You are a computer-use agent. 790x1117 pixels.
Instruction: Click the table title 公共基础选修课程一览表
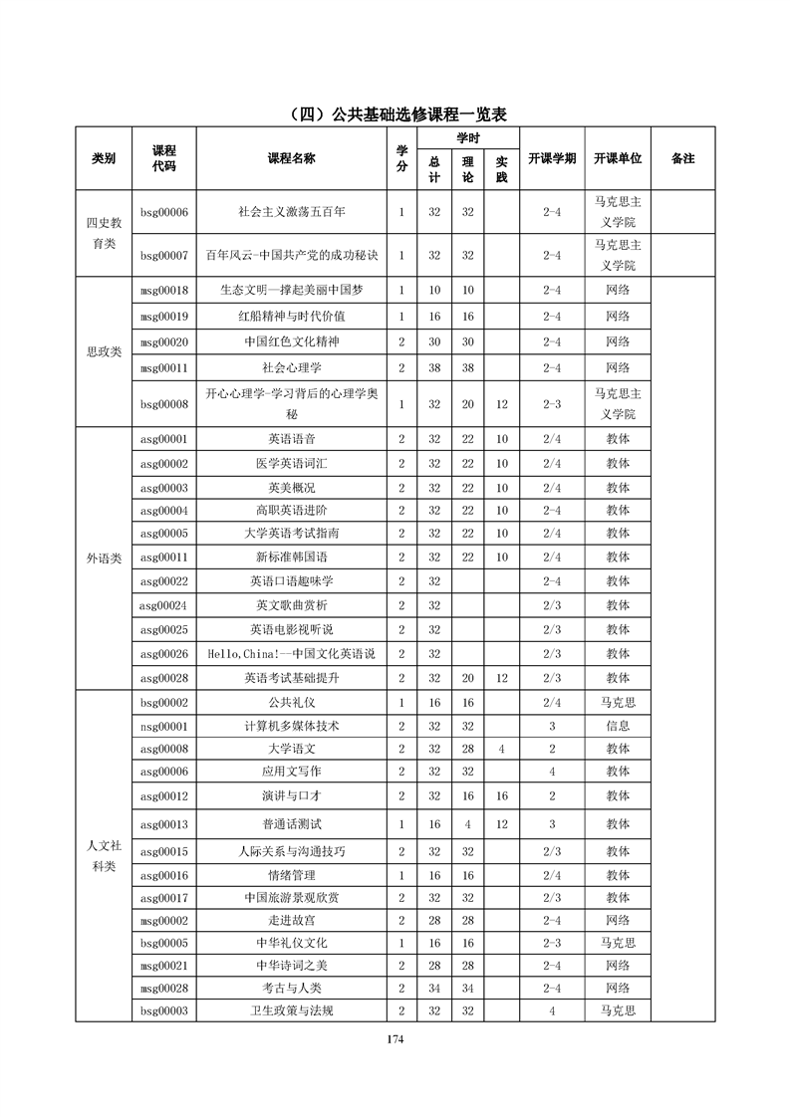point(395,113)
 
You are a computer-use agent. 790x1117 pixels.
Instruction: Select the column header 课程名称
point(291,158)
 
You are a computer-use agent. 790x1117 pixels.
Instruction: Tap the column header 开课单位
point(618,158)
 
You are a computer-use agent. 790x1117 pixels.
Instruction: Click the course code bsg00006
point(164,212)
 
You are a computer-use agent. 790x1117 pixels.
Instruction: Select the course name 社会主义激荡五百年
point(291,212)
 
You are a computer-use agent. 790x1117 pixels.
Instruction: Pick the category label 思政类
point(104,352)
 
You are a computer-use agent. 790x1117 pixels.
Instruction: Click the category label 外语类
point(104,558)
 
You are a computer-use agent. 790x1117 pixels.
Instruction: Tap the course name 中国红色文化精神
point(291,341)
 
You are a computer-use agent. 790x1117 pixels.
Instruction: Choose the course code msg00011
point(164,367)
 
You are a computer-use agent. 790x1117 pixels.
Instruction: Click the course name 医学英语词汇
point(291,463)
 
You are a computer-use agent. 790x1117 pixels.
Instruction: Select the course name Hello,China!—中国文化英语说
point(291,653)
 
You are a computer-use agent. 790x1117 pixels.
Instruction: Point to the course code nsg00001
point(164,726)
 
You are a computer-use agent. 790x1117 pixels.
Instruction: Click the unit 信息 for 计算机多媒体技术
point(618,726)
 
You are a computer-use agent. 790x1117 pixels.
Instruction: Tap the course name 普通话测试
point(291,824)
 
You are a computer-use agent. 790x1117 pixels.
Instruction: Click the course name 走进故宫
point(291,920)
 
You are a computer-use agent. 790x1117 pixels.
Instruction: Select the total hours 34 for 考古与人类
point(434,988)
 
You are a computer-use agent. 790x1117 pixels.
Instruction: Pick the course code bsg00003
point(164,1010)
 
